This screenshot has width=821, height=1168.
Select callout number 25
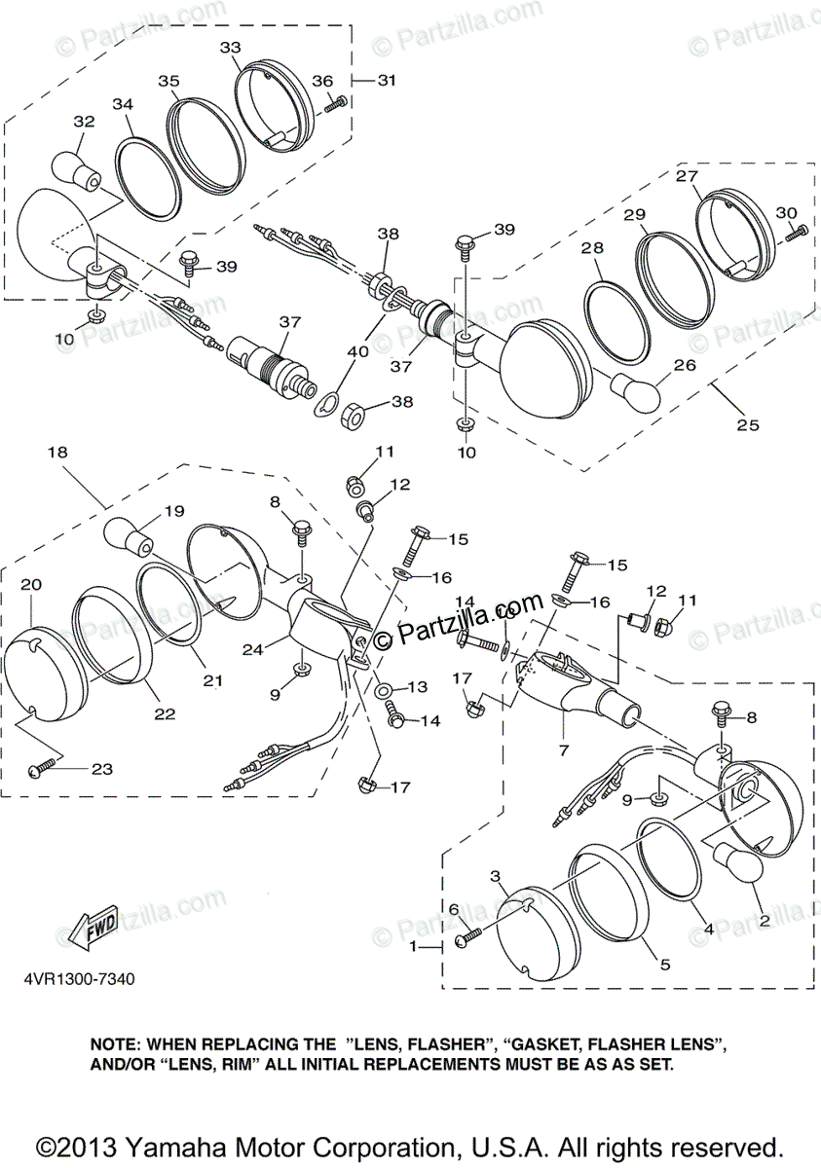point(747,425)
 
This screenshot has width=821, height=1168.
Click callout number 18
point(57,452)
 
